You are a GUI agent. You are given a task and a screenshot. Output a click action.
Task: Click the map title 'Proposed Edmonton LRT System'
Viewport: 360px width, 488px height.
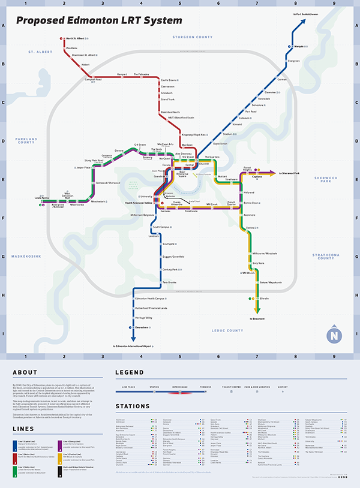click(99, 21)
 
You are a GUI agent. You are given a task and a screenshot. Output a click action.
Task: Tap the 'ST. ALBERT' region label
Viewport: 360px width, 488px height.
click(41, 52)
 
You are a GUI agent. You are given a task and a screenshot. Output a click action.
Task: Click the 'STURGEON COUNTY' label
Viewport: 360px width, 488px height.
click(193, 37)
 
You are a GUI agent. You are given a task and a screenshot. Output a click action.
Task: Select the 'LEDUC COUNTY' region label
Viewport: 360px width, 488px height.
click(227, 330)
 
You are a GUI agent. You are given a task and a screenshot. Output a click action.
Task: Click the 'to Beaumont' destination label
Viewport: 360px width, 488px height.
click(259, 318)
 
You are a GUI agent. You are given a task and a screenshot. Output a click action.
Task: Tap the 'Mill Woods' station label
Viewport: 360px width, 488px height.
click(248, 271)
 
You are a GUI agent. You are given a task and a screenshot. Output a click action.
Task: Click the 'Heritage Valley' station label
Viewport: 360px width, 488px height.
click(144, 317)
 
